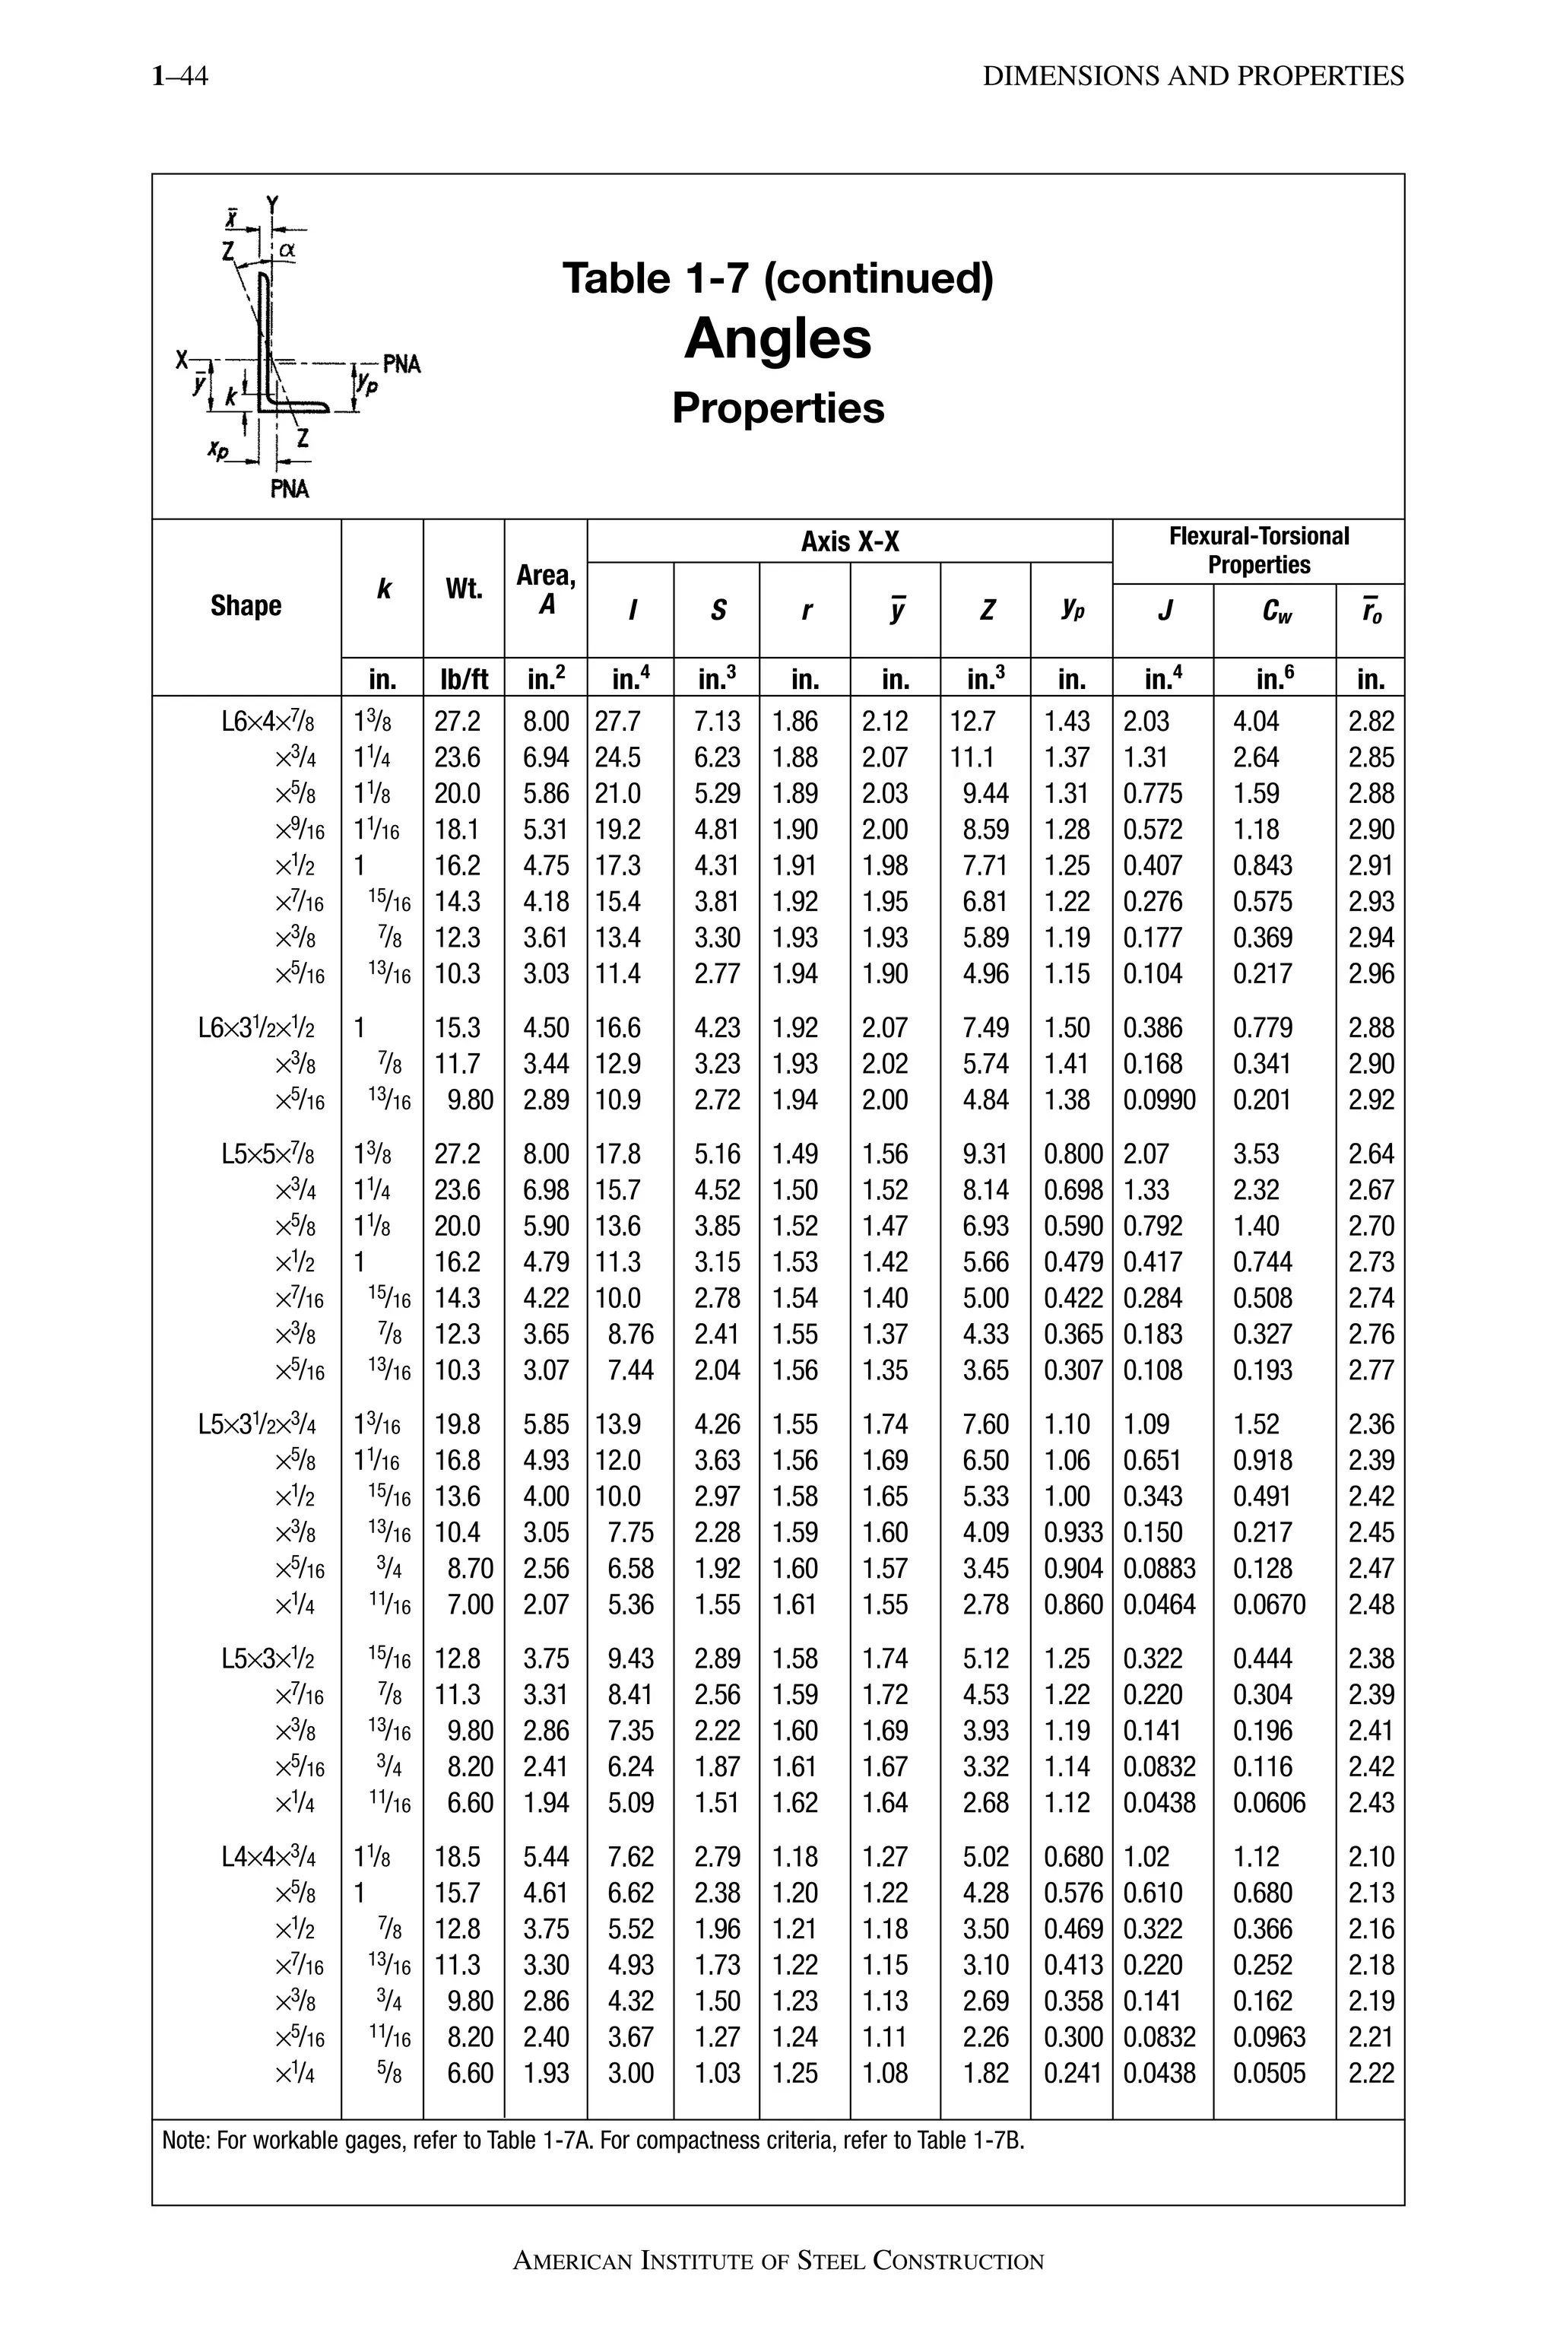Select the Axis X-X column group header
(x=850, y=541)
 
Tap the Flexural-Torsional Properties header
(x=1258, y=551)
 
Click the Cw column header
(x=1276, y=610)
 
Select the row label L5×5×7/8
(x=268, y=1154)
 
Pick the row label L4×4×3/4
(x=268, y=1856)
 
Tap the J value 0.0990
(x=1159, y=1100)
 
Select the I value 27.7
(x=617, y=721)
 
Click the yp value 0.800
(x=1073, y=1154)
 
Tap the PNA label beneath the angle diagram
(x=289, y=489)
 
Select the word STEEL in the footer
(x=830, y=2261)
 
